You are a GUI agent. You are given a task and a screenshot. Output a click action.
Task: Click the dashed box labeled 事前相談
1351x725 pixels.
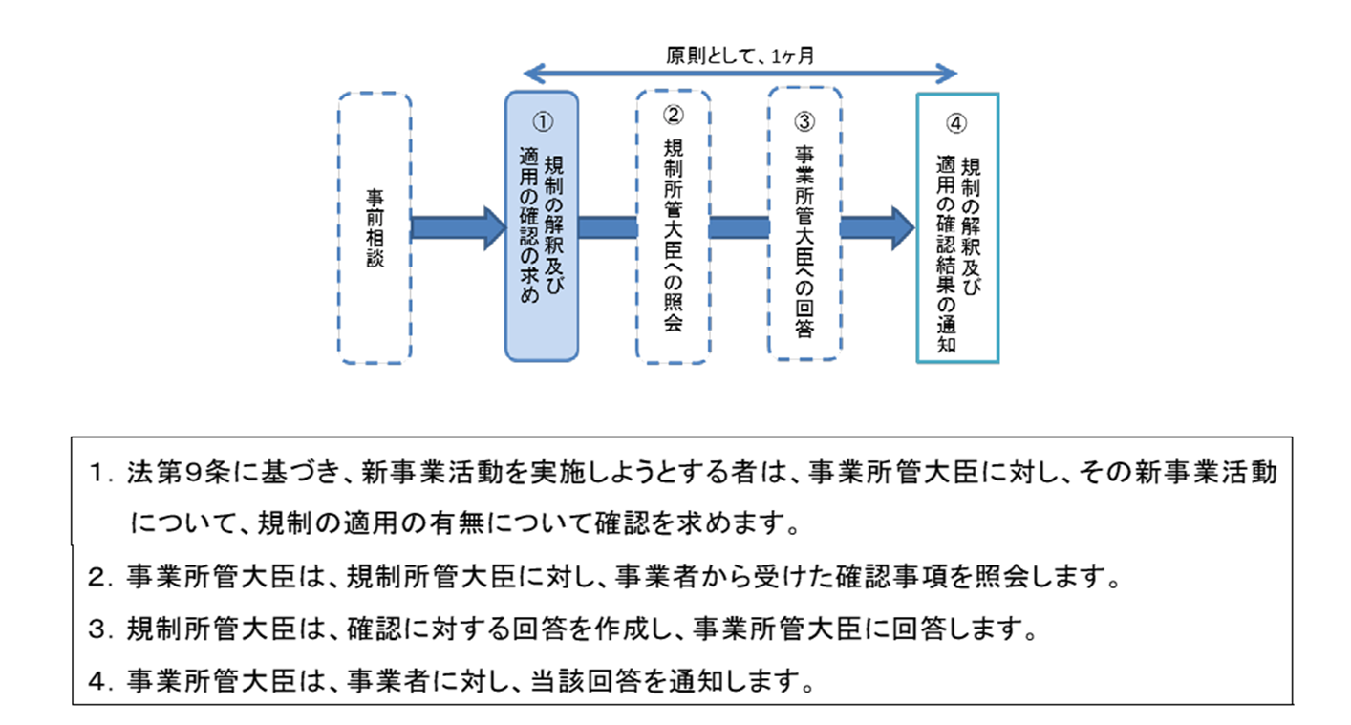click(x=375, y=227)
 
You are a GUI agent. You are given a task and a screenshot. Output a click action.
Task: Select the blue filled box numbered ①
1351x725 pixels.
click(x=541, y=227)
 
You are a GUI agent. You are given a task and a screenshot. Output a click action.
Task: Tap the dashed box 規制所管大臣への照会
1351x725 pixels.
click(x=674, y=227)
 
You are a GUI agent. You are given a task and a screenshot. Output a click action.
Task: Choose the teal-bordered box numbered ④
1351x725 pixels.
click(x=957, y=227)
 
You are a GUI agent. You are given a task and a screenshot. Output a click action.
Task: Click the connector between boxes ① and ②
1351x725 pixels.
click(x=608, y=227)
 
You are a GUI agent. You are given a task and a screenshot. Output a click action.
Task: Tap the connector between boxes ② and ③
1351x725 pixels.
click(x=739, y=227)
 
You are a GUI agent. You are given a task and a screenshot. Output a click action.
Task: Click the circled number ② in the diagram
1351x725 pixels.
click(x=674, y=115)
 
